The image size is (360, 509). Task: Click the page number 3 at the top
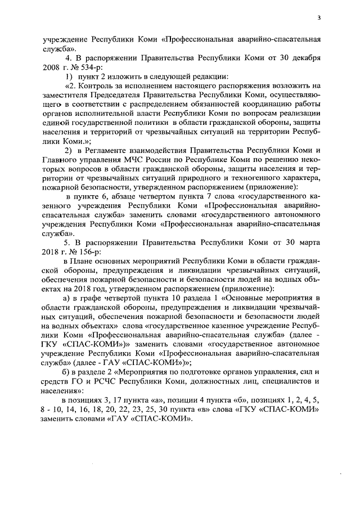coord(318,17)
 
